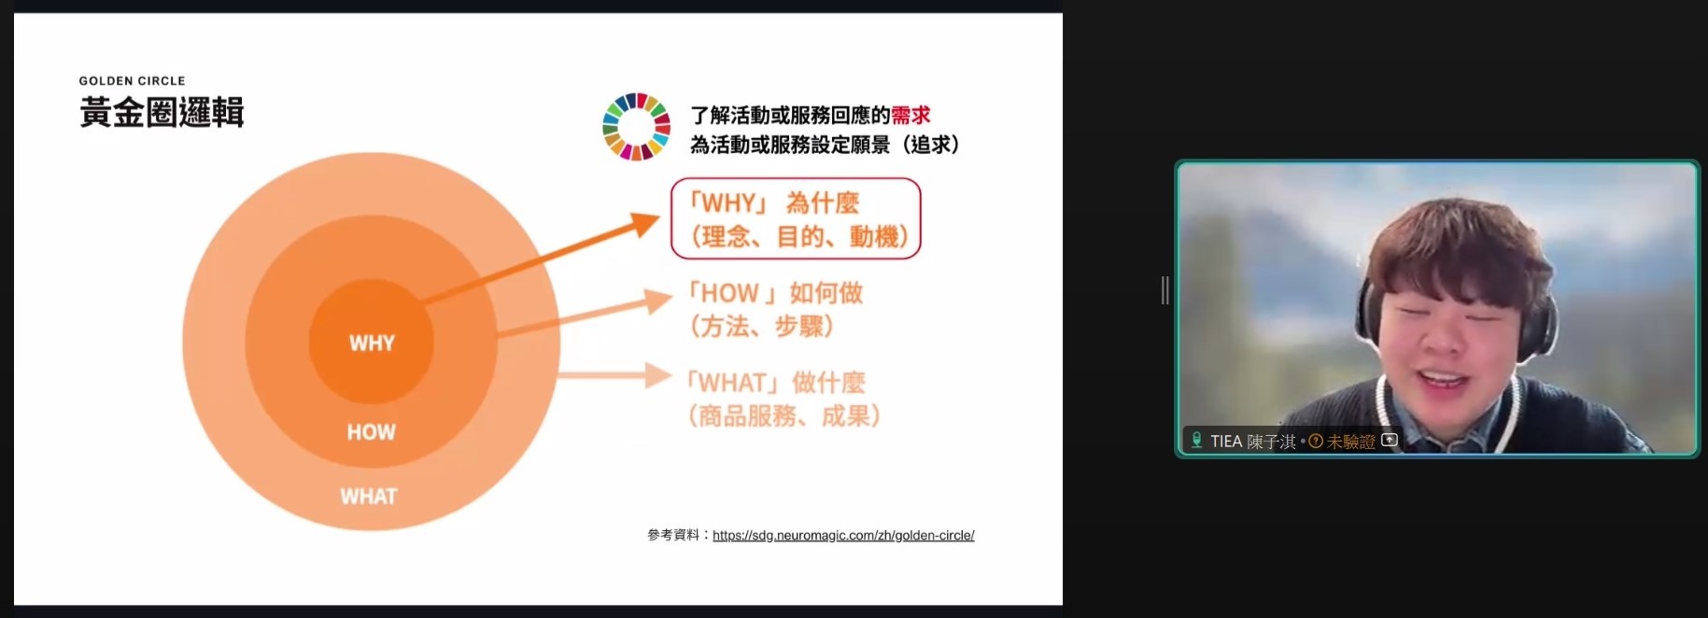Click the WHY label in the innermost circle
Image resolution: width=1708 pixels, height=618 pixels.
[x=372, y=343]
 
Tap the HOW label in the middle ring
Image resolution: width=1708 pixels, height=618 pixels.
[x=371, y=432]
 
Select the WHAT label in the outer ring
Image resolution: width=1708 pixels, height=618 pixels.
[x=369, y=497]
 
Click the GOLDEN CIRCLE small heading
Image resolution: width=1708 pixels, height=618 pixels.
[x=132, y=81]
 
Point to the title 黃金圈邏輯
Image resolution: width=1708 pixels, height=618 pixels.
[x=162, y=113]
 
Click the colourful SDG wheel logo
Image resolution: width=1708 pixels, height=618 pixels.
[x=636, y=127]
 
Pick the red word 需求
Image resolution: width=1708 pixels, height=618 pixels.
[x=910, y=115]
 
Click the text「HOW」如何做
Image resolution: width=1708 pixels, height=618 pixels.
[x=774, y=293]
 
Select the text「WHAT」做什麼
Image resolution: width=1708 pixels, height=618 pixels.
[x=774, y=383]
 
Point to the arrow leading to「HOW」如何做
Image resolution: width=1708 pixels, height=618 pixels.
[x=584, y=313]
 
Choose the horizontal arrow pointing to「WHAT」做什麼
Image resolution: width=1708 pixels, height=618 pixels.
[x=614, y=375]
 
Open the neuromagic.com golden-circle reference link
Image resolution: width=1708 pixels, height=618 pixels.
[x=843, y=535]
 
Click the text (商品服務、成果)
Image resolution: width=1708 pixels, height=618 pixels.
[x=783, y=415]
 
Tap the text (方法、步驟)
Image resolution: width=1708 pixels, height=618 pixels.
[x=761, y=327]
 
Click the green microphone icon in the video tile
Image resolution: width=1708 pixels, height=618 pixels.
[x=1196, y=440]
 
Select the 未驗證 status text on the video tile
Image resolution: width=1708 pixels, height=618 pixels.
[x=1350, y=442]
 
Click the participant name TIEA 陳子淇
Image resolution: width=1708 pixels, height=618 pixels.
[x=1253, y=442]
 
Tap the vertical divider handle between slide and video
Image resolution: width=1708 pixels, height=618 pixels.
[x=1165, y=290]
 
